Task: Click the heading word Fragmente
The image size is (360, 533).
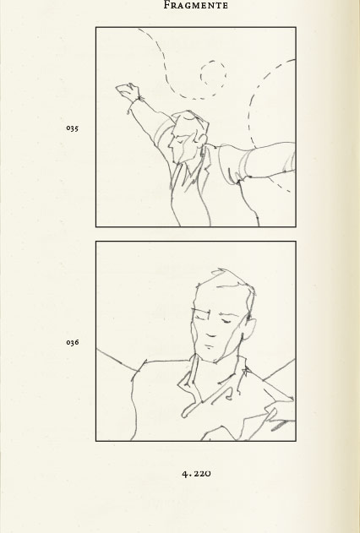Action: (196, 5)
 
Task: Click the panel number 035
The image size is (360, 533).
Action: (73, 128)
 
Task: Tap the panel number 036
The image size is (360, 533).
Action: (73, 342)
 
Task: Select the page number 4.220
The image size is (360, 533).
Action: (196, 473)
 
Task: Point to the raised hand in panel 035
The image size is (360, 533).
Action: (128, 91)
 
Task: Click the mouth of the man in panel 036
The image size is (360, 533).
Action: (211, 336)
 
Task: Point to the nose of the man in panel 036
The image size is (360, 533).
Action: (208, 326)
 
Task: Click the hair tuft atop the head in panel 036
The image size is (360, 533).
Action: (221, 272)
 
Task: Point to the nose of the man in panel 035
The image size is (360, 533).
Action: (171, 144)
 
